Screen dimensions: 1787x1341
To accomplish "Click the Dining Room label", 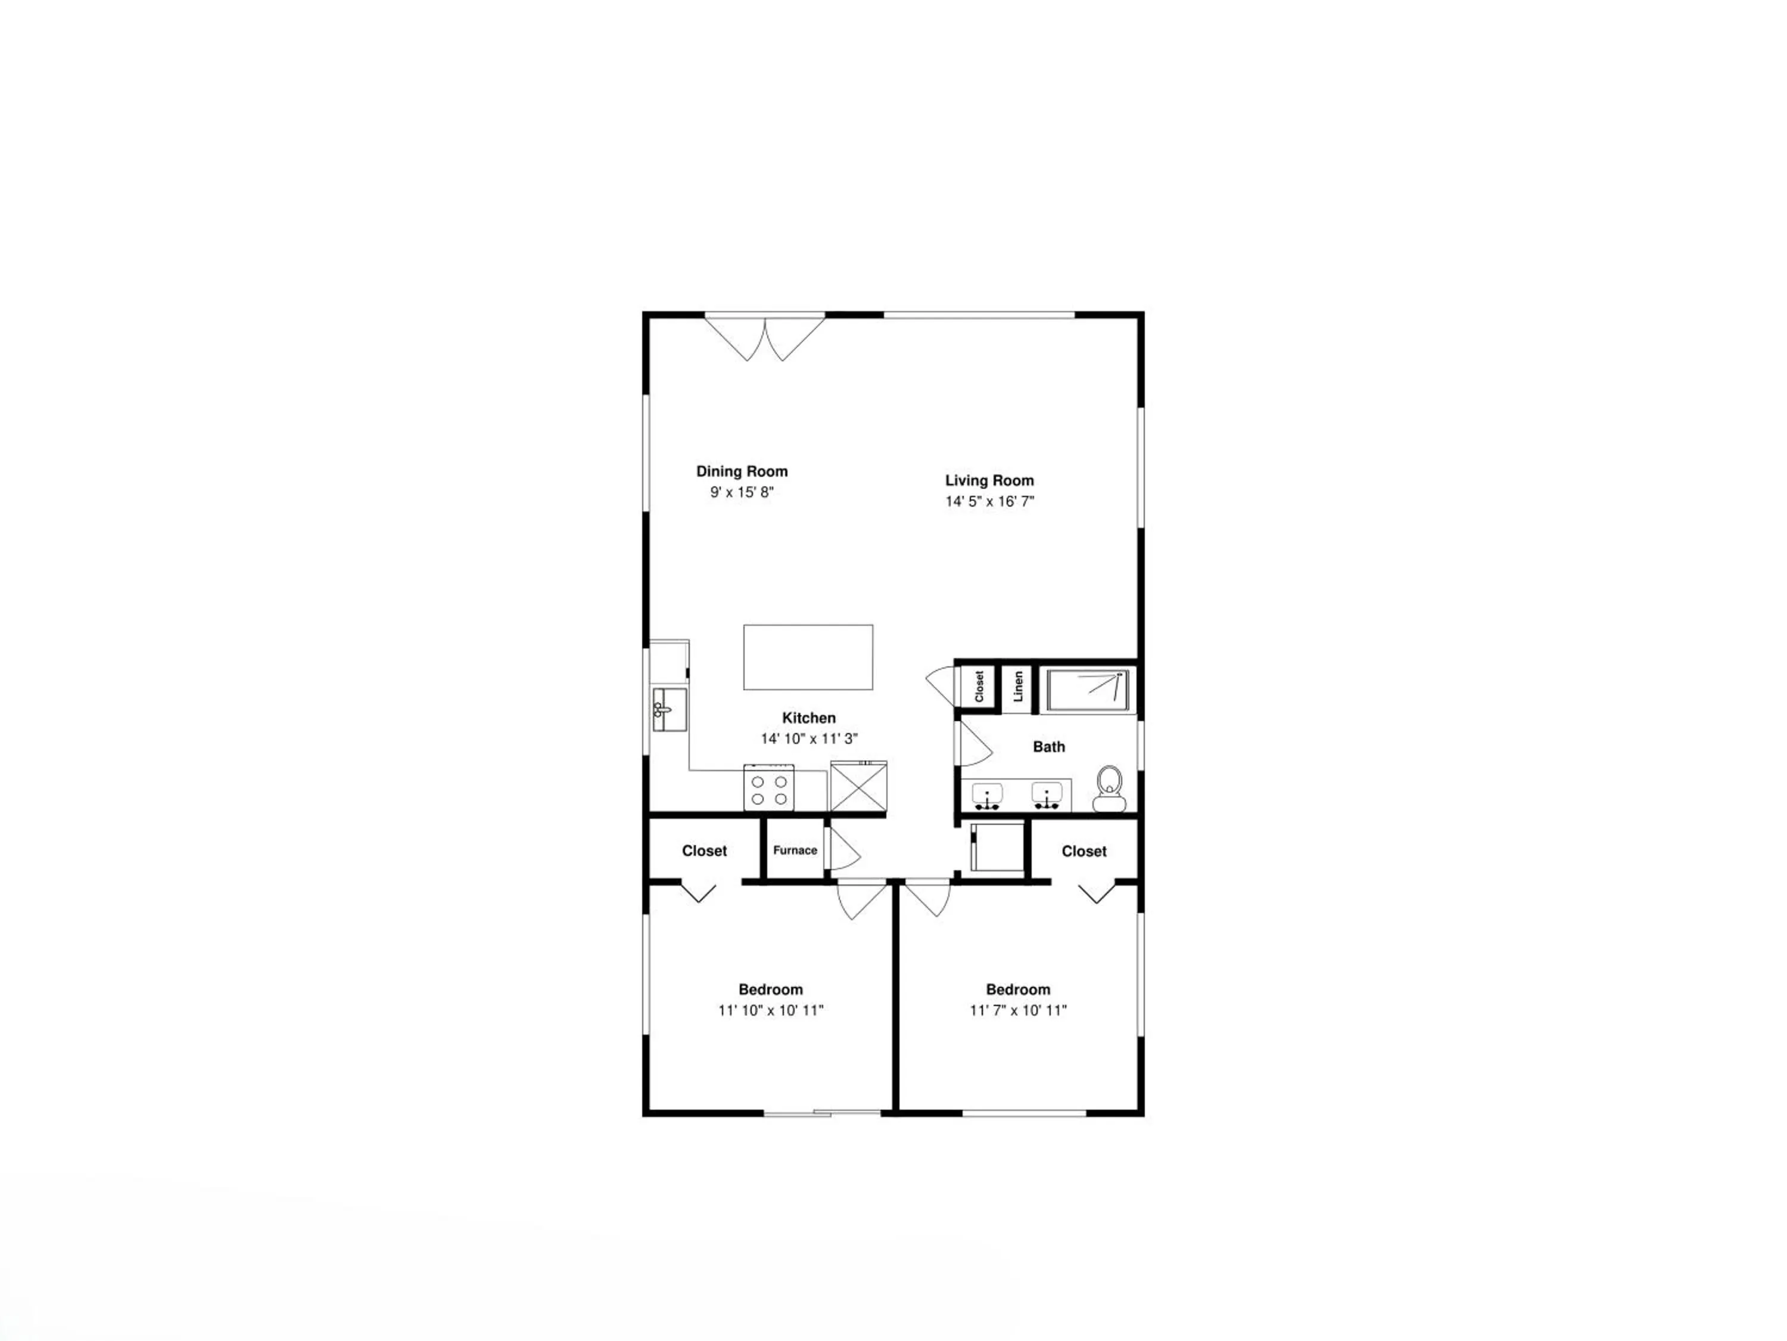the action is point(742,471).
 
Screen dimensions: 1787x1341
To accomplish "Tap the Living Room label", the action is point(989,480).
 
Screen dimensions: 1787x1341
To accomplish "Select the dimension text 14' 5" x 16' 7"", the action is point(989,501).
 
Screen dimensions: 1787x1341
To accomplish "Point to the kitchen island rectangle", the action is point(808,657).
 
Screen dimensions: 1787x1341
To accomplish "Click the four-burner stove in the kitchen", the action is point(769,788).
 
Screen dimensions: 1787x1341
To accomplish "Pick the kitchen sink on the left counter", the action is point(670,710).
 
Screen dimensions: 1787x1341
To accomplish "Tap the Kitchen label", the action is point(809,718).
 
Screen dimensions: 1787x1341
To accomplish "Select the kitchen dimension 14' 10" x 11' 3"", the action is point(809,738).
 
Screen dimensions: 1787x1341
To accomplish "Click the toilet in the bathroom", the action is point(1109,789).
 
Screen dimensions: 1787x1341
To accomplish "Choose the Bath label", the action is point(1048,747).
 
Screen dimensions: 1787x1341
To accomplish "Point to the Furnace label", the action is point(795,850).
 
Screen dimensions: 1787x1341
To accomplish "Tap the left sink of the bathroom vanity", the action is point(987,796).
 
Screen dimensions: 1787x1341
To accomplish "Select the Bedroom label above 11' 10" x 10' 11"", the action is point(771,989).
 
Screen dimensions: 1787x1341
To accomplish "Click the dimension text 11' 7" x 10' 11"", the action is point(1018,1010).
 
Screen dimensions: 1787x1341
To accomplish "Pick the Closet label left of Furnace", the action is point(705,850).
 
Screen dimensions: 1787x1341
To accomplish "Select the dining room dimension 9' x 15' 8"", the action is point(742,492).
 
